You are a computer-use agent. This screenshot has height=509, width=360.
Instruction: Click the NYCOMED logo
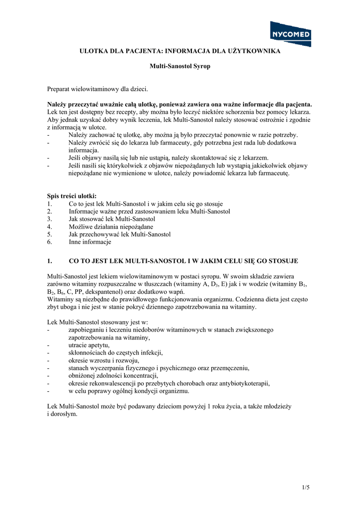(x=290, y=34)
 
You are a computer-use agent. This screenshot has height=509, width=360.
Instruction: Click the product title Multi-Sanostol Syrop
(x=180, y=66)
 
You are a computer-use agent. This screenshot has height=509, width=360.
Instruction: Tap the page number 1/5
(x=305, y=487)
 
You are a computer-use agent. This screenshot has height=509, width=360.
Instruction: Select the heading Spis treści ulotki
(x=72, y=196)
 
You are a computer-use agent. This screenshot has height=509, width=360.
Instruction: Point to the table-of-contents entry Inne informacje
(x=90, y=242)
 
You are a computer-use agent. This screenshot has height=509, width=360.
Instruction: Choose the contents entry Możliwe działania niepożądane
(x=111, y=227)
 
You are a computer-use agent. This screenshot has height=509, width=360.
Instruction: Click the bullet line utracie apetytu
(x=89, y=345)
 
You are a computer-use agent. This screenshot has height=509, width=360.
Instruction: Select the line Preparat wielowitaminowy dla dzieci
(x=97, y=89)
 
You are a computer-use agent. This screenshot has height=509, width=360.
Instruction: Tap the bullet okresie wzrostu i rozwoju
(x=104, y=360)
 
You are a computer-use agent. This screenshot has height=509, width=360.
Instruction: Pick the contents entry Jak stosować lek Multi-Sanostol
(x=112, y=219)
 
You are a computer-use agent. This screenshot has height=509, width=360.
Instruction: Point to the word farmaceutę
(x=272, y=174)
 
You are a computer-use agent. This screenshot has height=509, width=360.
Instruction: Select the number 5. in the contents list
(x=50, y=234)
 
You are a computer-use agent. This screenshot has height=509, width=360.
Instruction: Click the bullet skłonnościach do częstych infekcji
(x=115, y=352)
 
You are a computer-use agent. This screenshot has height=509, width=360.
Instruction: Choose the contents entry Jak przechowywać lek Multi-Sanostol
(x=119, y=234)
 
